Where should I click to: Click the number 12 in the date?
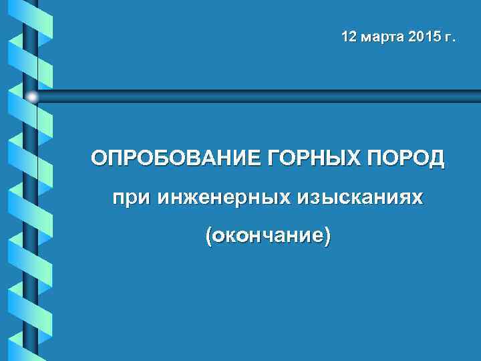click(x=349, y=36)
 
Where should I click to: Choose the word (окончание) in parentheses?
click(x=268, y=235)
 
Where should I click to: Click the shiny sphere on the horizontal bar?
click(x=32, y=97)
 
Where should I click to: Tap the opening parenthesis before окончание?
click(x=210, y=236)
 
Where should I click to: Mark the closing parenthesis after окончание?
click(x=326, y=236)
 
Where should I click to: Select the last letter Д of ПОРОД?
click(x=437, y=160)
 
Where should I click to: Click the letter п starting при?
click(x=118, y=199)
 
